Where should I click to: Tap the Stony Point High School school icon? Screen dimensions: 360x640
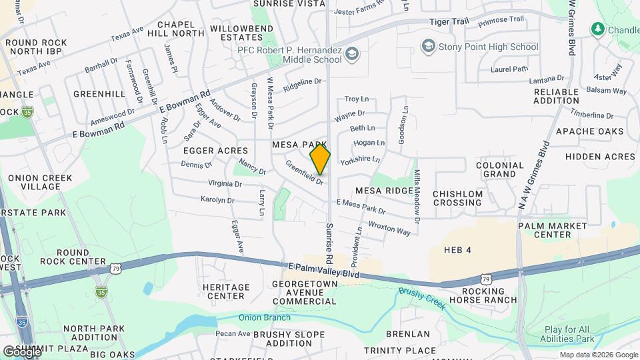tap(428, 46)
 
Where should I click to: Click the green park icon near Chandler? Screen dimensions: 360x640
tap(597, 29)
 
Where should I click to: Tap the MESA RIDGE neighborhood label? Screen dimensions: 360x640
tap(384, 191)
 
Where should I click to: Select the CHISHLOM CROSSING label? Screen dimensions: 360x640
tap(457, 198)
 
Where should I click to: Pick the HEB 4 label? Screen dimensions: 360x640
tap(458, 250)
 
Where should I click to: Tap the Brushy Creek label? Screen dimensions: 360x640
tap(423, 297)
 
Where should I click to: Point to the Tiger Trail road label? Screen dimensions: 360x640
tap(449, 21)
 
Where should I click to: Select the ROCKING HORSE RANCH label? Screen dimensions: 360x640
tap(483, 295)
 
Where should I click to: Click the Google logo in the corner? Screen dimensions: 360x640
tap(21, 351)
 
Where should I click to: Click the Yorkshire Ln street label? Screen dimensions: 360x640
tap(360, 160)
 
